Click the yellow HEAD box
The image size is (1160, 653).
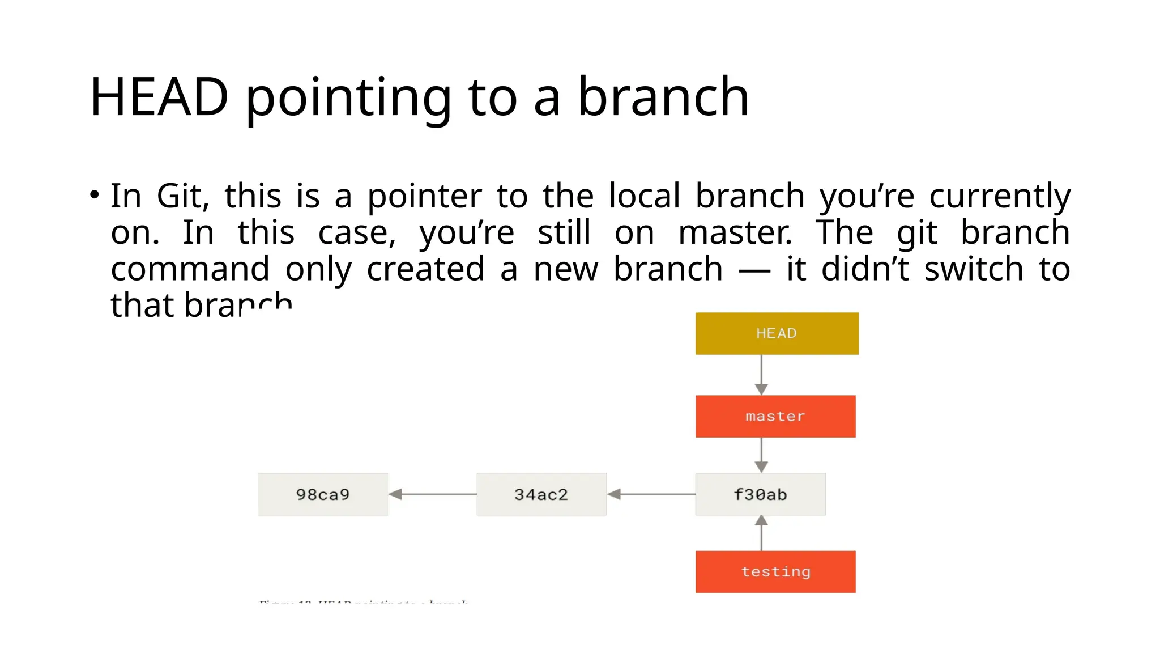coord(777,333)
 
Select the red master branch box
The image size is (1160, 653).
coord(775,416)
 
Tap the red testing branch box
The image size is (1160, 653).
coord(775,571)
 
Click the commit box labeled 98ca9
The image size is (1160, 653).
coord(323,494)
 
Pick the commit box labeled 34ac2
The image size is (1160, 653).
coord(541,494)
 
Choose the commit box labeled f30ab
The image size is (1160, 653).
coord(760,494)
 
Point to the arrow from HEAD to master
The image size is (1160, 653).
coord(761,375)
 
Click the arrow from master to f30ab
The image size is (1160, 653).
coord(761,455)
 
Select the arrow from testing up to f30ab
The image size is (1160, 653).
coord(761,533)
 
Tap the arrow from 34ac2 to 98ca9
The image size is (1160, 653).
coord(433,494)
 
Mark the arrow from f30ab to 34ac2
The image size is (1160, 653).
coord(651,494)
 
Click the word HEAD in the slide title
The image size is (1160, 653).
coord(159,97)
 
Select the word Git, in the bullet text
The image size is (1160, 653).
coord(183,197)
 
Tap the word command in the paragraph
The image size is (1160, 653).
coord(190,269)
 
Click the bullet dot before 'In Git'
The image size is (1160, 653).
coord(95,195)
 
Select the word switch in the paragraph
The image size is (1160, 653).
coord(974,269)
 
